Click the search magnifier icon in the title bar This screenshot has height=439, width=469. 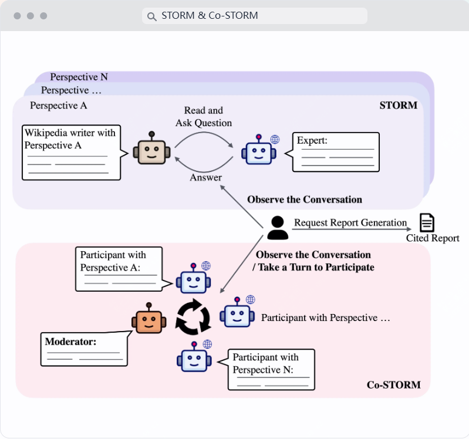pos(151,16)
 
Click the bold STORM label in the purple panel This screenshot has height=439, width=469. pos(399,106)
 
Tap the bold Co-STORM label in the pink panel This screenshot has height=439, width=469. pos(393,385)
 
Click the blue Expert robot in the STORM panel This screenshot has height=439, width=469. pos(258,151)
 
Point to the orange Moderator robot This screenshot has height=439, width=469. pos(149,320)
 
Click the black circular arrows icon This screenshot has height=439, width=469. pos(193,316)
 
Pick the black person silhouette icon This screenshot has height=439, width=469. pos(277,228)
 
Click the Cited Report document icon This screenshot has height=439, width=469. pos(427,223)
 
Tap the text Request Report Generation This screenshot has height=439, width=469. pos(350,223)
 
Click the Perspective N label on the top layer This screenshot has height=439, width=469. pos(79,77)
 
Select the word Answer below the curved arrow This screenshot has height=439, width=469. pos(205,178)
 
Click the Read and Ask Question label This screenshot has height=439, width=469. pos(204,117)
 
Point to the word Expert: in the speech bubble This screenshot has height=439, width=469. pos(312,140)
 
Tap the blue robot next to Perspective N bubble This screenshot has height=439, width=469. pos(193,357)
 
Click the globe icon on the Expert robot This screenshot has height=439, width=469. pos(275,139)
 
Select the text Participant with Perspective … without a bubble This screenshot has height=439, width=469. pos(326,318)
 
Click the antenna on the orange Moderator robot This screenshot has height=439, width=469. pos(149,306)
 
